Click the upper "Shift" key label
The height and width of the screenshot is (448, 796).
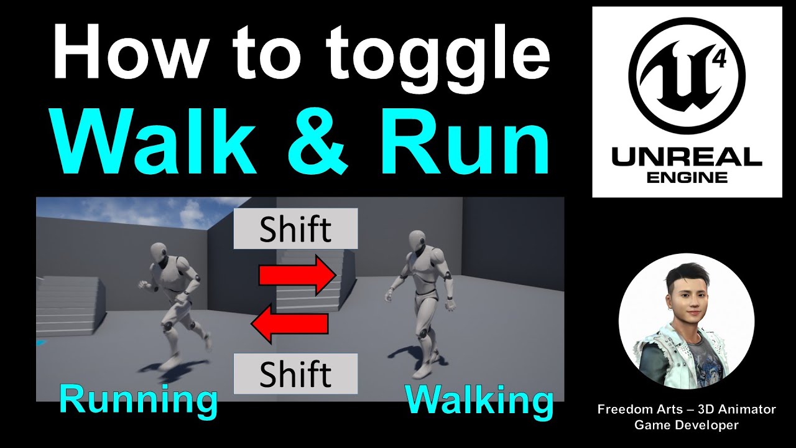[295, 229]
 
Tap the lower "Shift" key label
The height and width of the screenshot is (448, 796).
[295, 374]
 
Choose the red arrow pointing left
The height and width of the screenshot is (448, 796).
[290, 324]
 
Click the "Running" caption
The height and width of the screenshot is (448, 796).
[139, 399]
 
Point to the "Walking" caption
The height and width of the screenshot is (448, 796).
[479, 399]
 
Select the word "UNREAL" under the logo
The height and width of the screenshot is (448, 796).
[687, 157]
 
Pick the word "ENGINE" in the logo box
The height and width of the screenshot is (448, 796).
[687, 177]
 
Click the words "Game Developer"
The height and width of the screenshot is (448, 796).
[687, 426]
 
